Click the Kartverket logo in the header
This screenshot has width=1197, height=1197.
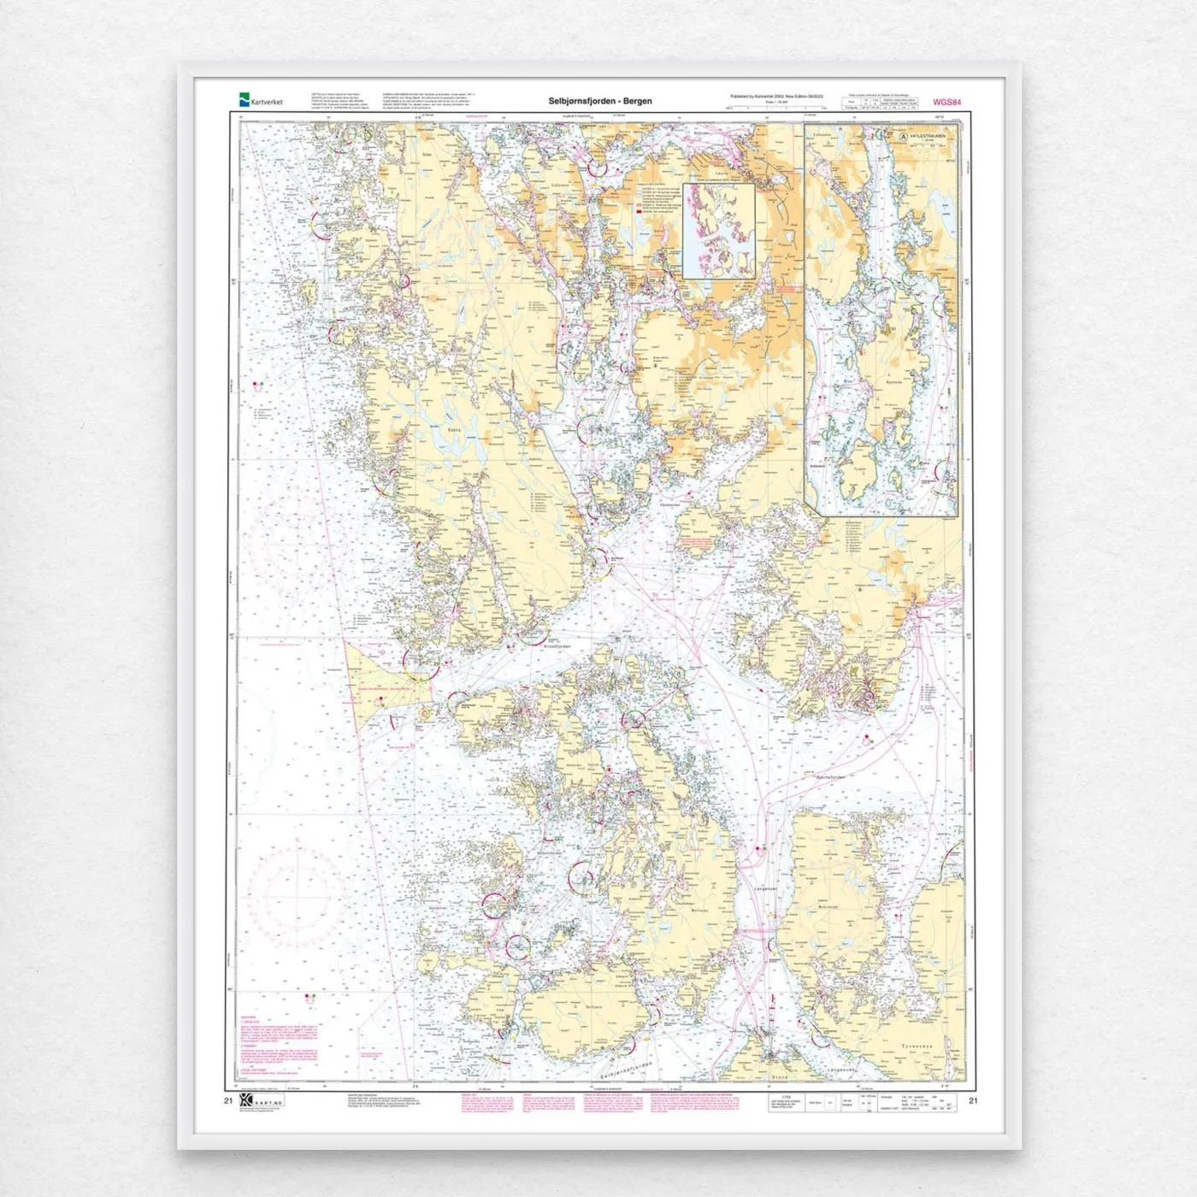click(x=261, y=101)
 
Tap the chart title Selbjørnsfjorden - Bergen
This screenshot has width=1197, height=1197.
click(x=599, y=101)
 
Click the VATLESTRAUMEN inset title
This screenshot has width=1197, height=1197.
click(x=927, y=135)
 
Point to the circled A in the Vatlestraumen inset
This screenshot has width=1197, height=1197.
click(x=902, y=135)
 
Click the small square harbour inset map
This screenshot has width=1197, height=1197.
click(x=718, y=230)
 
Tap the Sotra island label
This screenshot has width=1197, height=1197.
click(x=455, y=431)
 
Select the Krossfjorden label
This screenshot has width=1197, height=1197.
click(x=557, y=646)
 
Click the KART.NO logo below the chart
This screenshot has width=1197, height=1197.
click(x=261, y=1103)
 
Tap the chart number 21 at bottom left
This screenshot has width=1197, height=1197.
click(x=227, y=1100)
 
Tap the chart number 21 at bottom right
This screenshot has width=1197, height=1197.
click(x=973, y=1100)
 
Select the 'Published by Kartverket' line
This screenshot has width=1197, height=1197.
click(x=776, y=97)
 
